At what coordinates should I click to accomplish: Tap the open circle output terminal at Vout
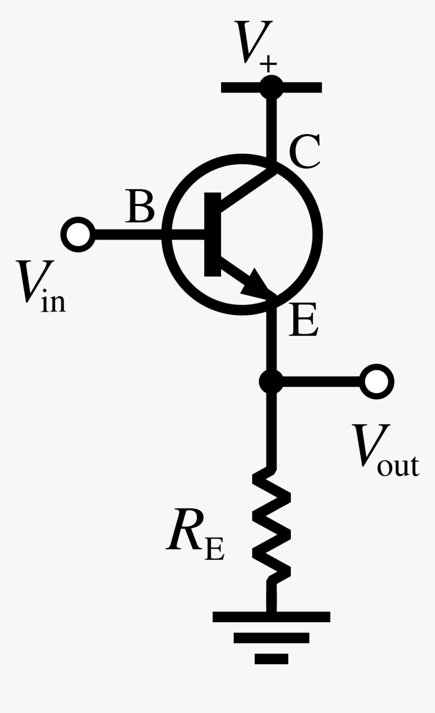(377, 381)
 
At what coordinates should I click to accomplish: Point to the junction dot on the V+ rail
(272, 87)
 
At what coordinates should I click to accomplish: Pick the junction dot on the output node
(272, 381)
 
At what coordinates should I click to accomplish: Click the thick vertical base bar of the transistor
(212, 234)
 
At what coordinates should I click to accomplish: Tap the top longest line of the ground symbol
(272, 617)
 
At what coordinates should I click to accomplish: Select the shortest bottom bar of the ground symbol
(272, 658)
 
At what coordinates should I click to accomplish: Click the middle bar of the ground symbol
(272, 638)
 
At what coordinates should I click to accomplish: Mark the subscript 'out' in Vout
(398, 466)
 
